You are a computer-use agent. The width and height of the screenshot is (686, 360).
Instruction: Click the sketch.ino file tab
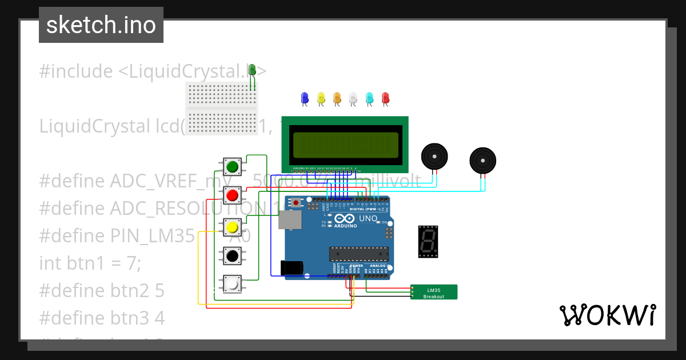pyautogui.click(x=101, y=25)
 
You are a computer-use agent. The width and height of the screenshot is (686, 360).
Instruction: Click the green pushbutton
pyautogui.click(x=232, y=167)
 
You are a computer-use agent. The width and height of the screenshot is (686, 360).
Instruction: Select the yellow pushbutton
pyautogui.click(x=232, y=227)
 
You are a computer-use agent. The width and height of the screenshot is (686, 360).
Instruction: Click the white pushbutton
pyautogui.click(x=232, y=284)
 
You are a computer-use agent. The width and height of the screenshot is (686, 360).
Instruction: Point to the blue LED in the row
pyautogui.click(x=304, y=98)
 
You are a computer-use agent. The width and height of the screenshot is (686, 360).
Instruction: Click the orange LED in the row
pyautogui.click(x=337, y=98)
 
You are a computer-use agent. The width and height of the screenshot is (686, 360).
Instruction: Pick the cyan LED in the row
pyautogui.click(x=369, y=98)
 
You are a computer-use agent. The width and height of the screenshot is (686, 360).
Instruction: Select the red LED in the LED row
pyautogui.click(x=385, y=98)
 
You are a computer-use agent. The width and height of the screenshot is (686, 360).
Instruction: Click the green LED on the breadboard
pyautogui.click(x=252, y=70)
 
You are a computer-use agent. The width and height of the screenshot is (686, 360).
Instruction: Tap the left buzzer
pyautogui.click(x=434, y=157)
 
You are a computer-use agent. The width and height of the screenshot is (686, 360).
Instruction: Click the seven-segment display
pyautogui.click(x=428, y=241)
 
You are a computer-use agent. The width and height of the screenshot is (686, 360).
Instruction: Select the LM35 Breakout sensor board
pyautogui.click(x=434, y=292)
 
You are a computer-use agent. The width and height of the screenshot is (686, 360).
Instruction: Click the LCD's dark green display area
pyautogui.click(x=345, y=145)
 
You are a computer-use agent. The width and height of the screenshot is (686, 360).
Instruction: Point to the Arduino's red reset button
pyautogui.click(x=296, y=202)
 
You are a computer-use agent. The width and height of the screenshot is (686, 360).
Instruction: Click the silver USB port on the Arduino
pyautogui.click(x=290, y=219)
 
